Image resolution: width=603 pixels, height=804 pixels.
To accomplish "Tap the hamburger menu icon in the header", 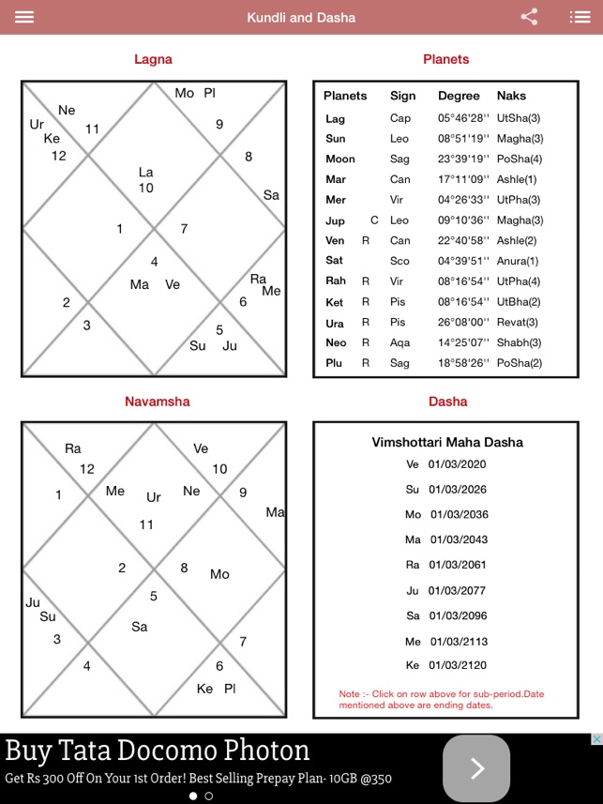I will tap(23, 17).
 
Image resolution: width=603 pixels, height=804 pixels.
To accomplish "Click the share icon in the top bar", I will tap(529, 17).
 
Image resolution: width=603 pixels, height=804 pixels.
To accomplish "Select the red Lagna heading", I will tap(153, 59).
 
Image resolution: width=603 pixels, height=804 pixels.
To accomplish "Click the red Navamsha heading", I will tap(157, 402).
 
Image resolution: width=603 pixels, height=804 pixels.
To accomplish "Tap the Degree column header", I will tap(459, 96).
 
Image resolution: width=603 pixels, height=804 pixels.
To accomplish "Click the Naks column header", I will tap(511, 96).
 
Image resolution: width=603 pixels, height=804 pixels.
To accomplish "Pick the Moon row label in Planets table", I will tap(339, 159).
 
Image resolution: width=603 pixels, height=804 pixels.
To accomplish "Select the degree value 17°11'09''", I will tap(462, 179).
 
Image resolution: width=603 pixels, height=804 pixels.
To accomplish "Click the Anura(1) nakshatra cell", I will tap(518, 261).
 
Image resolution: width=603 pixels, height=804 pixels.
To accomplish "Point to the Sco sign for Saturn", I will tap(400, 261).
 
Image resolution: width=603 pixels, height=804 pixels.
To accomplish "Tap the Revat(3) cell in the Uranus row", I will tap(518, 323).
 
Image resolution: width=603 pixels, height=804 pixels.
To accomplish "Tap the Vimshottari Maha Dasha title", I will tap(447, 442).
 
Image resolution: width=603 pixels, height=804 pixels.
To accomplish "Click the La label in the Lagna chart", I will tap(145, 173).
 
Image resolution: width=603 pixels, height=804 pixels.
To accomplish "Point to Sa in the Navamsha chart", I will tap(139, 627).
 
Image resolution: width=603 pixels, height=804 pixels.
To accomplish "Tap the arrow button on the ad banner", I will tap(476, 768).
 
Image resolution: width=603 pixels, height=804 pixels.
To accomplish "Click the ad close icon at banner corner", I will tap(595, 739).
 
